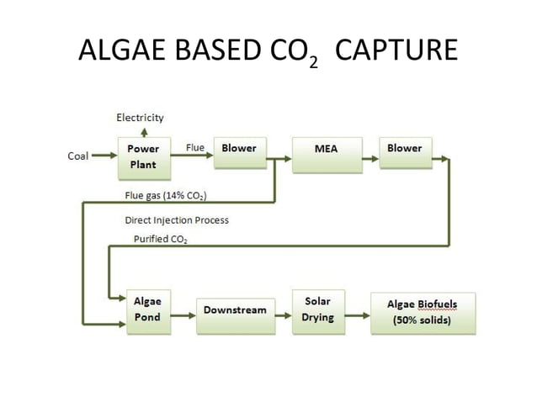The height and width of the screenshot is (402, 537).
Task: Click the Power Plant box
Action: tap(143, 156)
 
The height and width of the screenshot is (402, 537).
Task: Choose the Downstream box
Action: tap(235, 310)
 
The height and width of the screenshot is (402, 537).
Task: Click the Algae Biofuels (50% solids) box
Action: tap(423, 312)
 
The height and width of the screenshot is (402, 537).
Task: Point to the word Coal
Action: tap(78, 156)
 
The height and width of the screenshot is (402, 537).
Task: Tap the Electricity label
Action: tap(140, 118)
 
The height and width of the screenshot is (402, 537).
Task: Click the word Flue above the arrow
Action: tap(194, 148)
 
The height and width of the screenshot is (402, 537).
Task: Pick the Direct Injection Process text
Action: tap(176, 220)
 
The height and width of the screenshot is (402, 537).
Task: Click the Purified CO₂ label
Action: tap(161, 240)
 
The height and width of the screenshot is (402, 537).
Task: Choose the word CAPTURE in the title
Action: tap(396, 51)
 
